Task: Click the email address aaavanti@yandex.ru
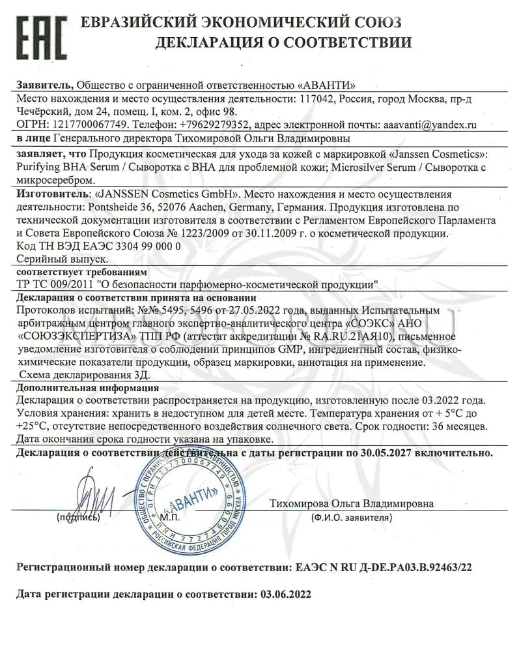(430, 123)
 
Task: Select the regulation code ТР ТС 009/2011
(55, 284)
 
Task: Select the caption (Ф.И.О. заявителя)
(352, 518)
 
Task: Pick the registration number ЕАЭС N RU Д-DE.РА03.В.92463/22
(384, 567)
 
